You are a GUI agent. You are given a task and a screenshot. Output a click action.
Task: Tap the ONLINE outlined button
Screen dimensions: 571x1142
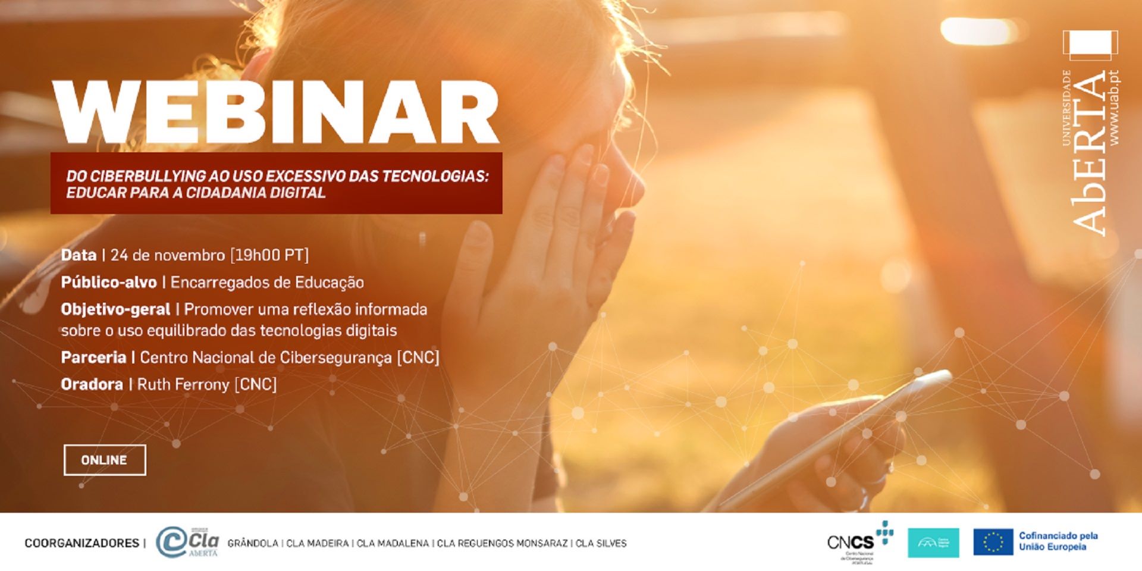point(105,460)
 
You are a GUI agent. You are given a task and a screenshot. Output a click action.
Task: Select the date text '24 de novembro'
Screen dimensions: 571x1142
point(168,255)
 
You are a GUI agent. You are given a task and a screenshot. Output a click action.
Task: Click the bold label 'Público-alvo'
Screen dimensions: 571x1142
point(109,282)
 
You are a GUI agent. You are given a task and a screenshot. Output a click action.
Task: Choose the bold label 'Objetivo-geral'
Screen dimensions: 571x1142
point(115,309)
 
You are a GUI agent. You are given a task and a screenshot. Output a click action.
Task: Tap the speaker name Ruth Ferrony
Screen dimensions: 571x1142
point(183,384)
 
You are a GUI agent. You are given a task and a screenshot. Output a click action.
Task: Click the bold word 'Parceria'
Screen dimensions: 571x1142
point(93,357)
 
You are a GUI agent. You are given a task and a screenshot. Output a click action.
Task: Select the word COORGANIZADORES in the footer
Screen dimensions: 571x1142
point(81,543)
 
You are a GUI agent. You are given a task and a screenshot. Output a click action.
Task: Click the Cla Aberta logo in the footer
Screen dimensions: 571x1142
point(187,542)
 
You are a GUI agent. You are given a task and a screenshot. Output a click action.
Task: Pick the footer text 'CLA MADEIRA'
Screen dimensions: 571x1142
point(317,543)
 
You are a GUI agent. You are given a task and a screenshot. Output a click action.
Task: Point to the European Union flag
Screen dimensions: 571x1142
point(993,542)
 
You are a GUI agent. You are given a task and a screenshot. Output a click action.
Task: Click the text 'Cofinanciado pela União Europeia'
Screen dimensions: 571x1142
point(1058,541)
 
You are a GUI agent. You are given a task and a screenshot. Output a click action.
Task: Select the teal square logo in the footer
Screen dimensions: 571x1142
point(933,542)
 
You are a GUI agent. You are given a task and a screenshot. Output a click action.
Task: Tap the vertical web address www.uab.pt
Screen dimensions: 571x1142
point(1114,108)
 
